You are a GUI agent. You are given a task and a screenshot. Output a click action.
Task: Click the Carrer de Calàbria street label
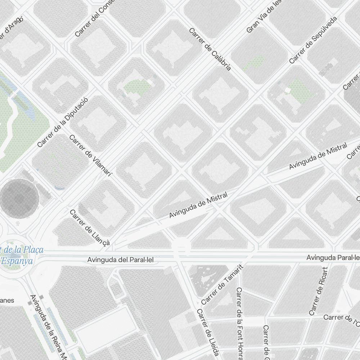(x=210, y=49)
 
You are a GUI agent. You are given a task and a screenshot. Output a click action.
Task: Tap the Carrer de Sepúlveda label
(x=313, y=40)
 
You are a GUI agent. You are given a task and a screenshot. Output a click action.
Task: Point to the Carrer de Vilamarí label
(x=90, y=156)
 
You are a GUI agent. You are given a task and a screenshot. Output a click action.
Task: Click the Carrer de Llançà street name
(x=89, y=228)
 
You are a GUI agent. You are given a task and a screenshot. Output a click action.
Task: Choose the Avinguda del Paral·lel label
(x=122, y=260)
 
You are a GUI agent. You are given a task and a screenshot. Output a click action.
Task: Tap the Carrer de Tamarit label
(x=222, y=285)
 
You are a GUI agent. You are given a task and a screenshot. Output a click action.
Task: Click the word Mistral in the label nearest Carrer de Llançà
(x=217, y=199)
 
